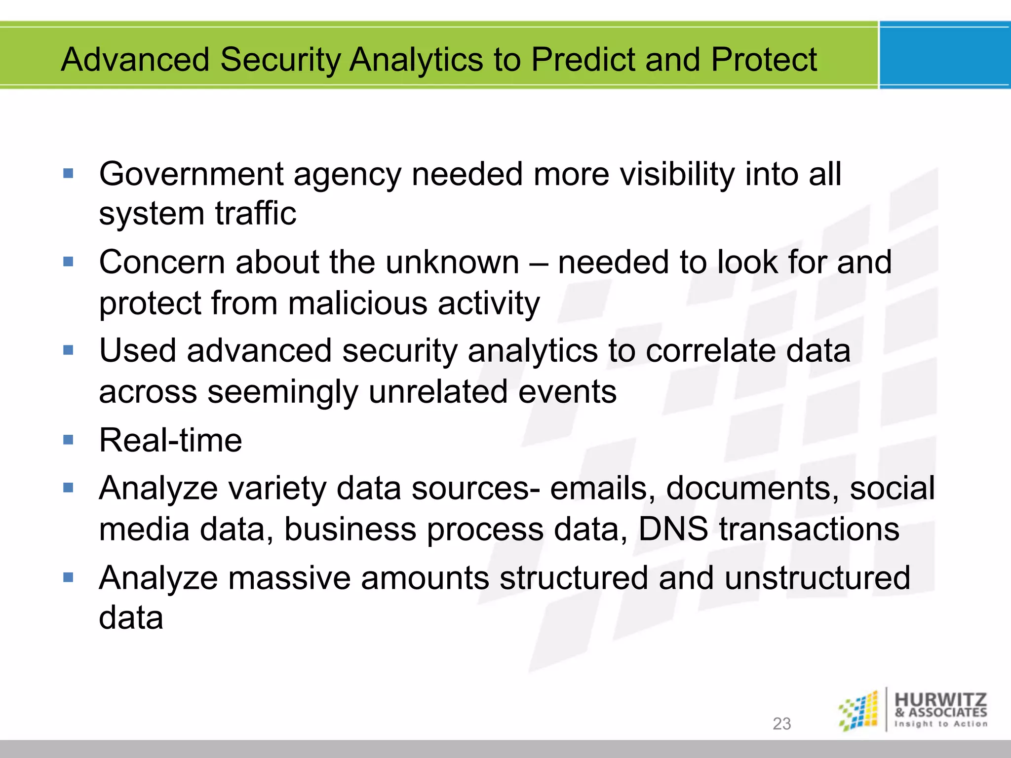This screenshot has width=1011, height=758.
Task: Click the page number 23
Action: tap(781, 723)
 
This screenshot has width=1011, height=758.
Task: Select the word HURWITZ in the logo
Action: tap(940, 700)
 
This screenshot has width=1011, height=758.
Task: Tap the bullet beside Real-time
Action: tap(68, 439)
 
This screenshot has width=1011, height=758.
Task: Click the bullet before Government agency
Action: tap(68, 173)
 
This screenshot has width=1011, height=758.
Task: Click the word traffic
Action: tap(255, 214)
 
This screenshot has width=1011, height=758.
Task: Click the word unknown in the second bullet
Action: tap(452, 262)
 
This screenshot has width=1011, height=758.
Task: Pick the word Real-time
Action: tap(170, 440)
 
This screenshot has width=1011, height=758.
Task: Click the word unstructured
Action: tap(817, 578)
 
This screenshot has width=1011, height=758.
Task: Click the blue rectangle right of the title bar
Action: tap(944, 55)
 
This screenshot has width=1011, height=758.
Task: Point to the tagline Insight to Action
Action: tap(940, 724)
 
